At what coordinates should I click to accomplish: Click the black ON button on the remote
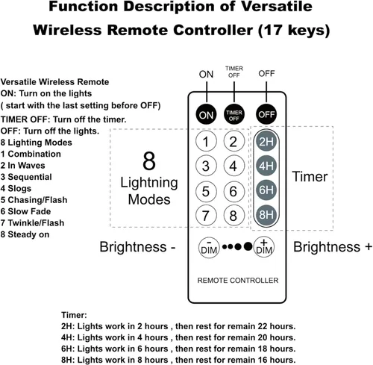206,114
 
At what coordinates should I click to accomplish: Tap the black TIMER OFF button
234,114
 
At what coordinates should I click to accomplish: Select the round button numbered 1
206,141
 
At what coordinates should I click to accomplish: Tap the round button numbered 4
234,166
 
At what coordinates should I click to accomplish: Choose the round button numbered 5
206,191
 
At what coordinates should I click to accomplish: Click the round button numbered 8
234,215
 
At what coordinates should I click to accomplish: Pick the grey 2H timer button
266,141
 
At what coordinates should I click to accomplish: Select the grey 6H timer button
266,190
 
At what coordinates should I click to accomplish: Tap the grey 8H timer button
266,215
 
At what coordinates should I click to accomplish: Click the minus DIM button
209,247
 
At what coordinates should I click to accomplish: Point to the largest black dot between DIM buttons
248,246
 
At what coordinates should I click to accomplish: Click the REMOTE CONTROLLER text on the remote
238,281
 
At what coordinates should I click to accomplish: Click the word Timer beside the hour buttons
310,176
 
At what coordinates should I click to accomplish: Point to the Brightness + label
333,247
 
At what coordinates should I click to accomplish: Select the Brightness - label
137,247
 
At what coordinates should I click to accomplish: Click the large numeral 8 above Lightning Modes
149,161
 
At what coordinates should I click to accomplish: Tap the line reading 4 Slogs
16,188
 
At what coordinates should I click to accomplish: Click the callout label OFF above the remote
266,74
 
